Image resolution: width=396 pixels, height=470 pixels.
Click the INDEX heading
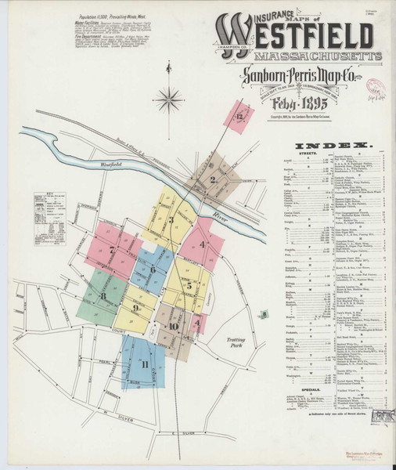point(332,146)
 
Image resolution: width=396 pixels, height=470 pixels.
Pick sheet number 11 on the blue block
point(144,363)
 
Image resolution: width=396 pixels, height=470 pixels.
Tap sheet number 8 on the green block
point(103,295)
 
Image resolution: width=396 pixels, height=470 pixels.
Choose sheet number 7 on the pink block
point(113,251)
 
